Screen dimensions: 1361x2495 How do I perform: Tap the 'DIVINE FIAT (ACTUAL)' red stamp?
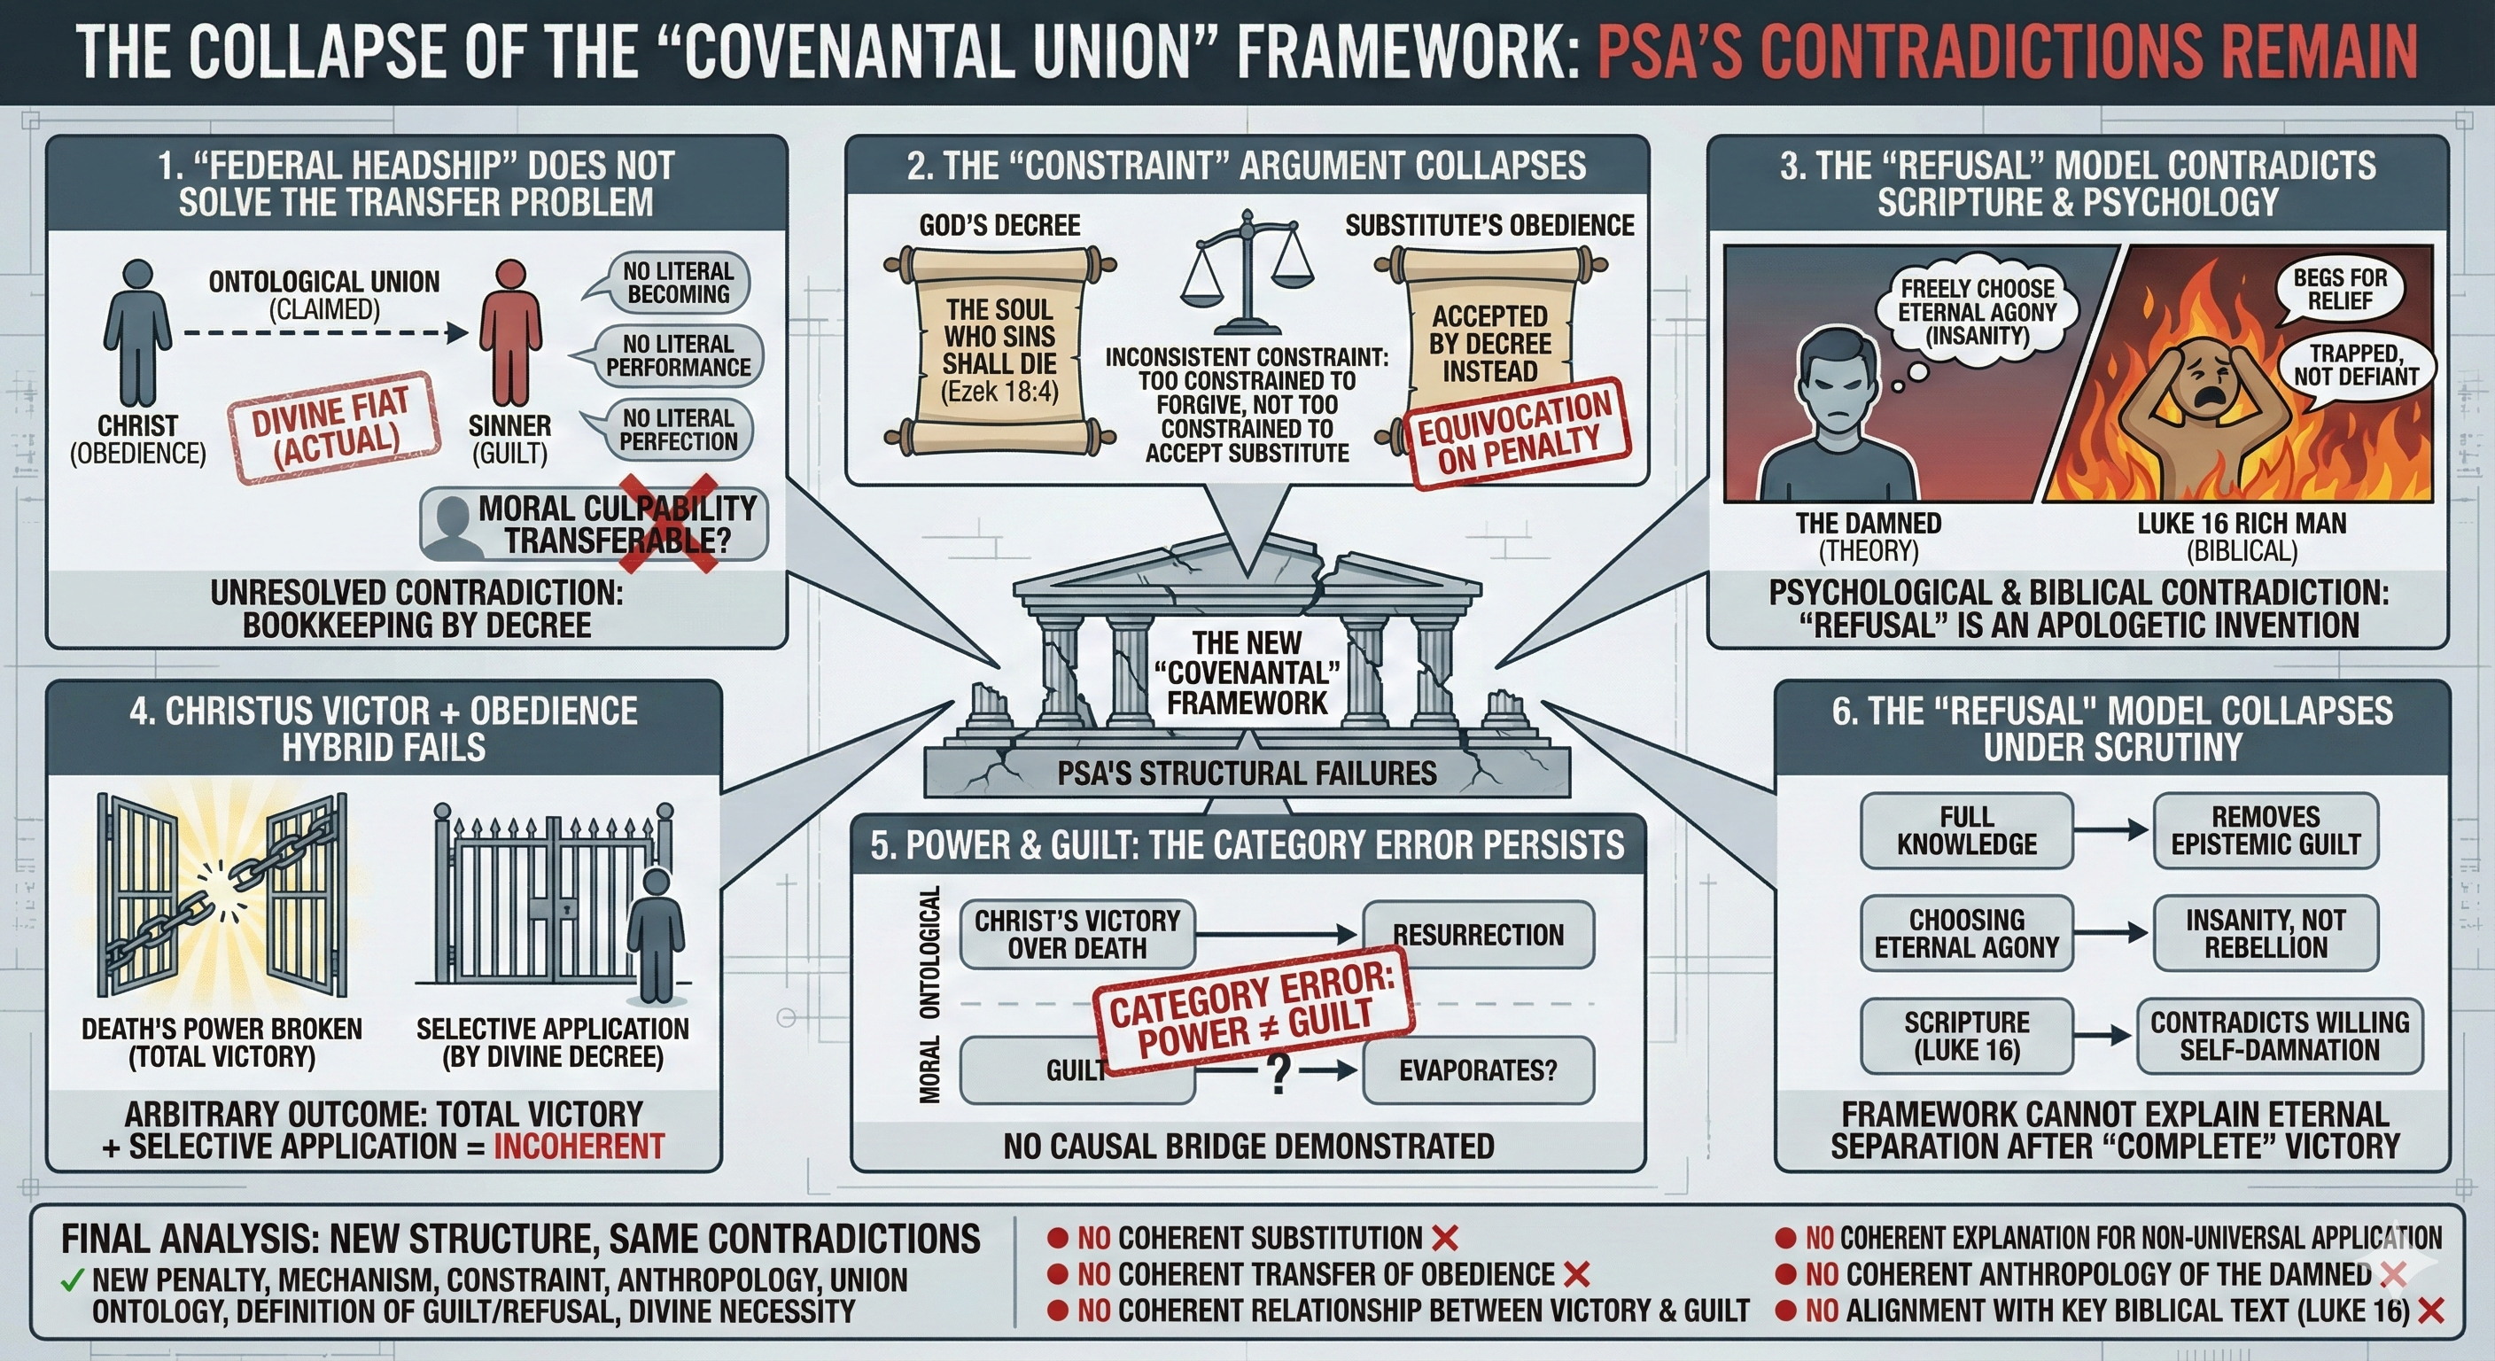coord(333,426)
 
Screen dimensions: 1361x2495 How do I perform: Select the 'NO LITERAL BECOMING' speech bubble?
coord(677,283)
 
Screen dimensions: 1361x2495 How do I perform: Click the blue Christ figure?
coord(137,333)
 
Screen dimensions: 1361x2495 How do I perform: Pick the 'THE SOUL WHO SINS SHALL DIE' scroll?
coord(999,350)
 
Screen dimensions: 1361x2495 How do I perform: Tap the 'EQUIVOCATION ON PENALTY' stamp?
coord(1517,433)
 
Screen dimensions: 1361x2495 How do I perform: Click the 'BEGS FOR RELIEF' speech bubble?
coord(2339,289)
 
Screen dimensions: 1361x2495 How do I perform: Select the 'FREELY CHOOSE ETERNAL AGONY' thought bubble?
coord(1977,312)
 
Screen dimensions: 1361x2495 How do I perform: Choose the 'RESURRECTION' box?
coord(1477,935)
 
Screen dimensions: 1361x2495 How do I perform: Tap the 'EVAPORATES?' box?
coord(1477,1070)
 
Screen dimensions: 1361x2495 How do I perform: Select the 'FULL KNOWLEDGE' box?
coord(1966,830)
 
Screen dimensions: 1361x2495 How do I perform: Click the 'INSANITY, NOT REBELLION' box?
coord(2265,933)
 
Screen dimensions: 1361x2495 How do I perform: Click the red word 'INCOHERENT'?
coord(579,1147)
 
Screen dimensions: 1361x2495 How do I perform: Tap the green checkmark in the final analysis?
coord(72,1280)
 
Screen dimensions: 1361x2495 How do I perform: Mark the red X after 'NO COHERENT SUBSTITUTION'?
coord(1444,1238)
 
